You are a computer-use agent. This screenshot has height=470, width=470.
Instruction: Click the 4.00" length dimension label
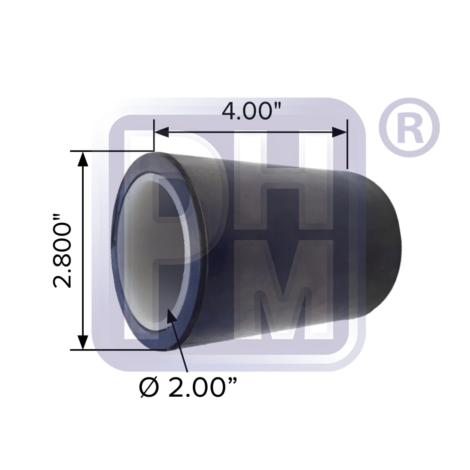tap(251, 112)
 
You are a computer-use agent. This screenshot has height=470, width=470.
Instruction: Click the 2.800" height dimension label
tap(62, 251)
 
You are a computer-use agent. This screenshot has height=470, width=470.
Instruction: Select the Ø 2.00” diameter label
tap(187, 388)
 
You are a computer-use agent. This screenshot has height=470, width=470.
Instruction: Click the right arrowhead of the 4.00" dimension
tap(340, 132)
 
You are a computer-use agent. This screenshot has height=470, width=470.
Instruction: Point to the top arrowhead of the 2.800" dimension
tap(83, 158)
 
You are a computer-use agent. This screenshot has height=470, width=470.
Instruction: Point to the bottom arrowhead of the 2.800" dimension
tap(83, 342)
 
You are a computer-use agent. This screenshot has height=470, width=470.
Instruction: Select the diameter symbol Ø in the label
tap(150, 388)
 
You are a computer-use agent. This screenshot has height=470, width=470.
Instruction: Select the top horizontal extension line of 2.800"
tap(113, 151)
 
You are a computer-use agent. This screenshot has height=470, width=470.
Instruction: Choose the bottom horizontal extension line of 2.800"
tap(117, 350)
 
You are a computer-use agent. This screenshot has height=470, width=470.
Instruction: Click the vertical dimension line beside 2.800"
tap(83, 249)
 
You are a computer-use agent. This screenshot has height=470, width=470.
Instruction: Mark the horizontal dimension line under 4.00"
tap(249, 132)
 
